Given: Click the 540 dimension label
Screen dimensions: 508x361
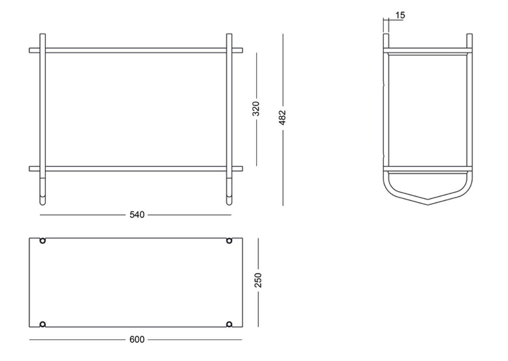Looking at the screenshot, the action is tap(137, 214).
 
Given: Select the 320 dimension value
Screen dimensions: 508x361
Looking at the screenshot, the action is tap(256, 109).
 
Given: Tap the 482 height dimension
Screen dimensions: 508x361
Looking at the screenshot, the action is tap(282, 117).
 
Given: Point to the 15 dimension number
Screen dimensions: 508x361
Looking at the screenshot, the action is tap(400, 15).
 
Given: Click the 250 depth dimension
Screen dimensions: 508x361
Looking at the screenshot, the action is tap(258, 280).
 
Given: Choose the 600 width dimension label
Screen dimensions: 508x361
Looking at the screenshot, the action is tap(137, 340).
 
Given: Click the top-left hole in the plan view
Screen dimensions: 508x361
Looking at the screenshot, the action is tap(43, 240).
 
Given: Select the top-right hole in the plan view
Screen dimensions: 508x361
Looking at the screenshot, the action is tap(229, 240).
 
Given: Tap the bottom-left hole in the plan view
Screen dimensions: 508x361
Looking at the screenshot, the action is tap(43, 324).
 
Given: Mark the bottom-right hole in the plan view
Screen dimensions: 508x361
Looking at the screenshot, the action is tap(229, 324).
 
